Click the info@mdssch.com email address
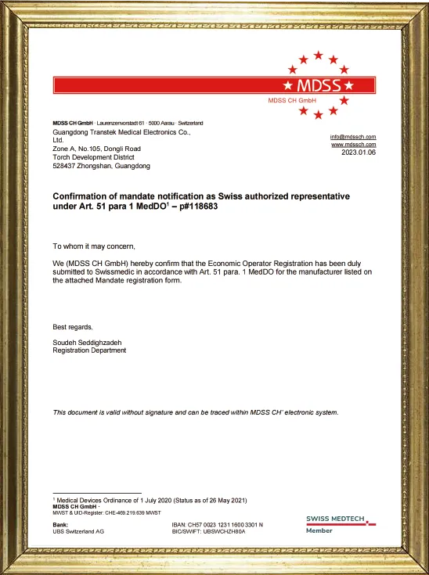(353, 137)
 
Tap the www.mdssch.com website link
(354, 145)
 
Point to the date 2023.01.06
(359, 153)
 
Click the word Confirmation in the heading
(81, 196)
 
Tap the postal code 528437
(67, 166)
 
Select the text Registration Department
(89, 350)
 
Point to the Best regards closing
(73, 327)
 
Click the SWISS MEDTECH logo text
(341, 519)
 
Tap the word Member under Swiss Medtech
(319, 530)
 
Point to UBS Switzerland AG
(78, 531)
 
